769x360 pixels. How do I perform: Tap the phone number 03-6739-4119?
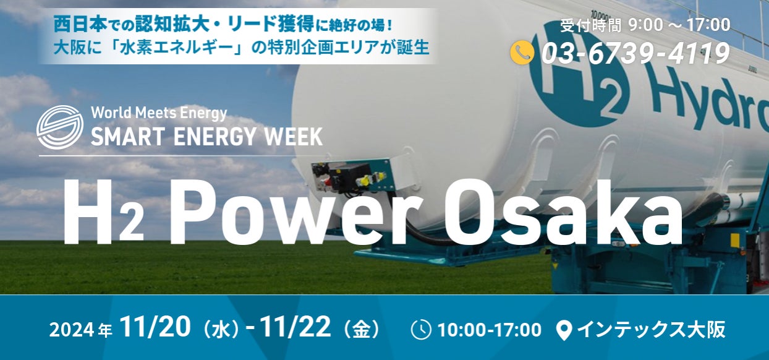coord(635,53)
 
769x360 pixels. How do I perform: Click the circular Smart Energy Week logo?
coord(59,127)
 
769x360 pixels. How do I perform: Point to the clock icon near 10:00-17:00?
coord(421,330)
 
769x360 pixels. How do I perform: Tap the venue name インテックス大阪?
coord(650,330)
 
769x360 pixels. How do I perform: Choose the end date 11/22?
coord(295,328)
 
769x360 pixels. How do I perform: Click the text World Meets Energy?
coord(159,113)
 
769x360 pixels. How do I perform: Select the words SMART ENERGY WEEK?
coord(206,135)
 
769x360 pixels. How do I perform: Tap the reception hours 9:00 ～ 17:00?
coord(679,25)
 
